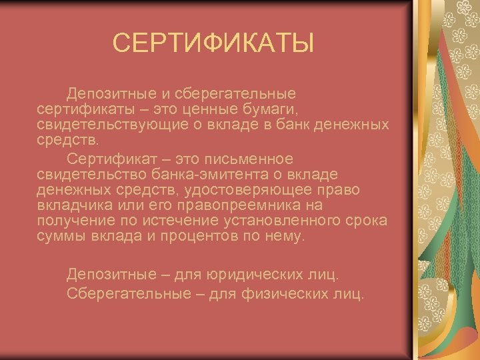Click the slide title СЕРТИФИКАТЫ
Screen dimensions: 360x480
213,44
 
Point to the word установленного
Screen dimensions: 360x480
287,221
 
